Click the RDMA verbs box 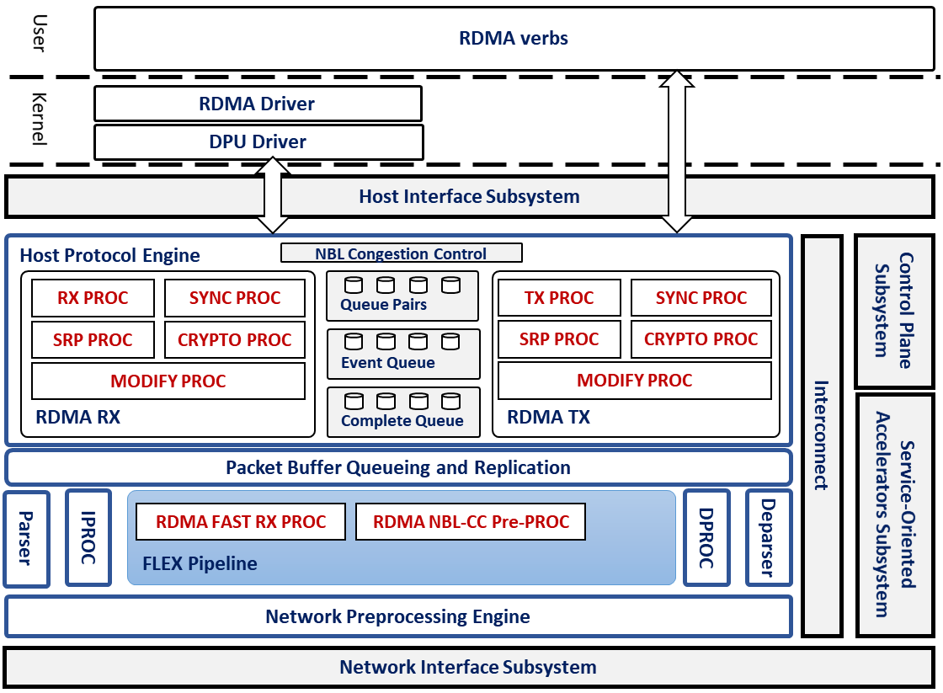pos(514,39)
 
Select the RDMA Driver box pos(258,104)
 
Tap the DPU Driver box pos(258,141)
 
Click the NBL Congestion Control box pos(401,253)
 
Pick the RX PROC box pos(93,298)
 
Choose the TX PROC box pos(559,298)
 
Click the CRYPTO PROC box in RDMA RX pos(235,340)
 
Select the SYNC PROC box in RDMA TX pos(701,298)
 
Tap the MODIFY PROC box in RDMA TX pos(635,381)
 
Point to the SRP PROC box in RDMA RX pos(93,340)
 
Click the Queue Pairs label pos(383,305)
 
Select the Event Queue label pos(388,363)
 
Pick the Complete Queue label pos(402,421)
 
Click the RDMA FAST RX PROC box pos(241,522)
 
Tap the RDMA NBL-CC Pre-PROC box pos(471,522)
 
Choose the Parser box pos(26,538)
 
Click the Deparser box pos(768,538)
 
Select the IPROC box pos(88,538)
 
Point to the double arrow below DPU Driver pos(272,195)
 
